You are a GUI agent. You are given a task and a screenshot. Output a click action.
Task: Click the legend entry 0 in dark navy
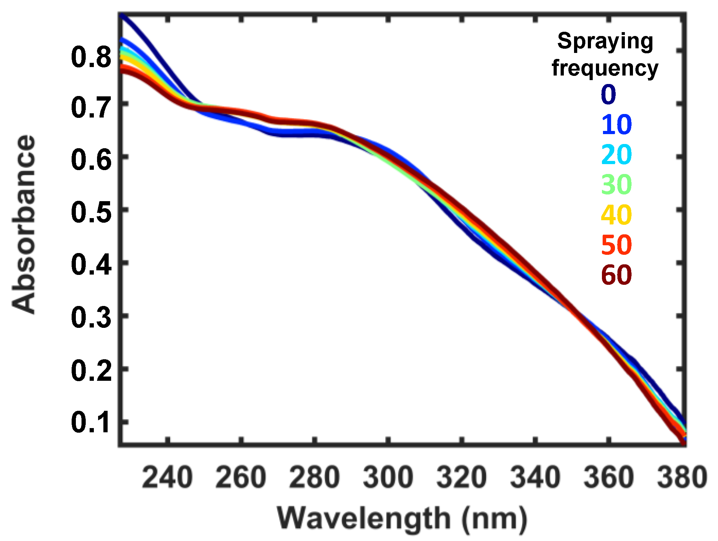coord(608,95)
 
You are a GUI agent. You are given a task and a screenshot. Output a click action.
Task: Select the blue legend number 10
coord(616,125)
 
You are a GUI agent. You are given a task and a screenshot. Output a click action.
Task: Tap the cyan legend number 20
coord(616,155)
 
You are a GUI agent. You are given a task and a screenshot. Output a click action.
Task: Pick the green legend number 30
coord(616,185)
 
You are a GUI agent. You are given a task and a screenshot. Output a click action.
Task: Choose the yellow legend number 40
coord(616,215)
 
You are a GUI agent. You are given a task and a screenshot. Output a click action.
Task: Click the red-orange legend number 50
coord(616,245)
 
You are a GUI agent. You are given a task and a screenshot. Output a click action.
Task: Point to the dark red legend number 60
coord(616,275)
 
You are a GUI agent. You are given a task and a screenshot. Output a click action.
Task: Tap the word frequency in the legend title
coord(605,68)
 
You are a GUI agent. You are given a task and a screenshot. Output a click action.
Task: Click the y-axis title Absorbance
coord(24,224)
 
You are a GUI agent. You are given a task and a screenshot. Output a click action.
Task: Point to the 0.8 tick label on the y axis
coord(91,57)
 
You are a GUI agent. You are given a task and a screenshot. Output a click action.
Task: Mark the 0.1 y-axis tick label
coord(91,422)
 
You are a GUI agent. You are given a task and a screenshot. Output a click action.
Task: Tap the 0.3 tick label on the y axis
coord(91,318)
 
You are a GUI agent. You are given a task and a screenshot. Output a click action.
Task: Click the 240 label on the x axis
coord(167,477)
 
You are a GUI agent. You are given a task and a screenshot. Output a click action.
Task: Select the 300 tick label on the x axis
coord(388,477)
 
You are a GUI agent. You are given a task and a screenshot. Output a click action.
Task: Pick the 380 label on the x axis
coord(682,477)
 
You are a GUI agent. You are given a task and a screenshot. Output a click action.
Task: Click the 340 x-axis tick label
coord(535,477)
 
